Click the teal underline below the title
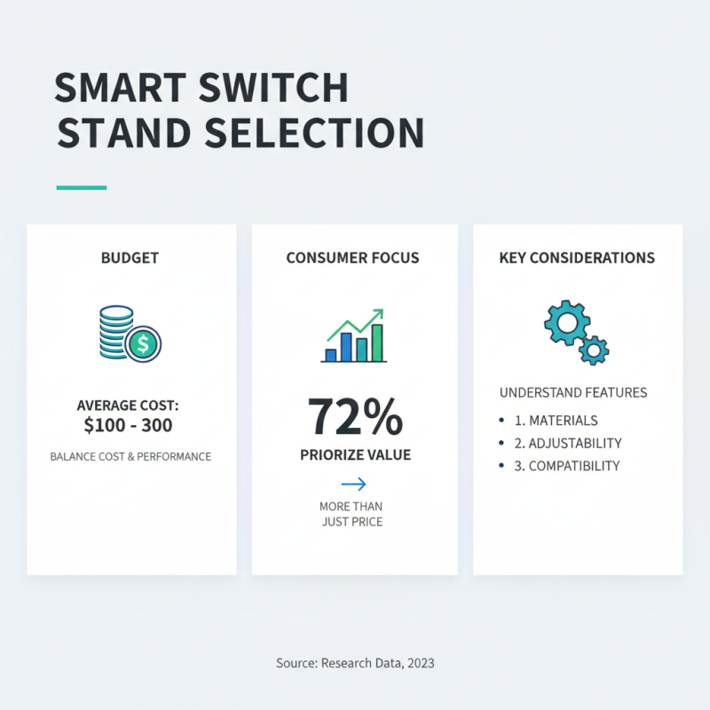(x=82, y=188)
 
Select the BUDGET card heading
(x=130, y=258)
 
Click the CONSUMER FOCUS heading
(x=352, y=258)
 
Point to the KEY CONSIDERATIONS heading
(x=577, y=258)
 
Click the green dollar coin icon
(x=143, y=343)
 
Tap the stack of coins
(x=115, y=332)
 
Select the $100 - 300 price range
(x=128, y=425)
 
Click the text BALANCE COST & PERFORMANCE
(x=130, y=457)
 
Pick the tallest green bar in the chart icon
(x=377, y=343)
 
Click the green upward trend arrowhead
(x=378, y=313)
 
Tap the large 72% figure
(x=354, y=417)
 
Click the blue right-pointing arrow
(x=353, y=484)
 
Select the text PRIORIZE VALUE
(x=354, y=455)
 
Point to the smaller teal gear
(x=593, y=350)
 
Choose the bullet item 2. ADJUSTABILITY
(x=568, y=443)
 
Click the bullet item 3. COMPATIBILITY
(x=567, y=466)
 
